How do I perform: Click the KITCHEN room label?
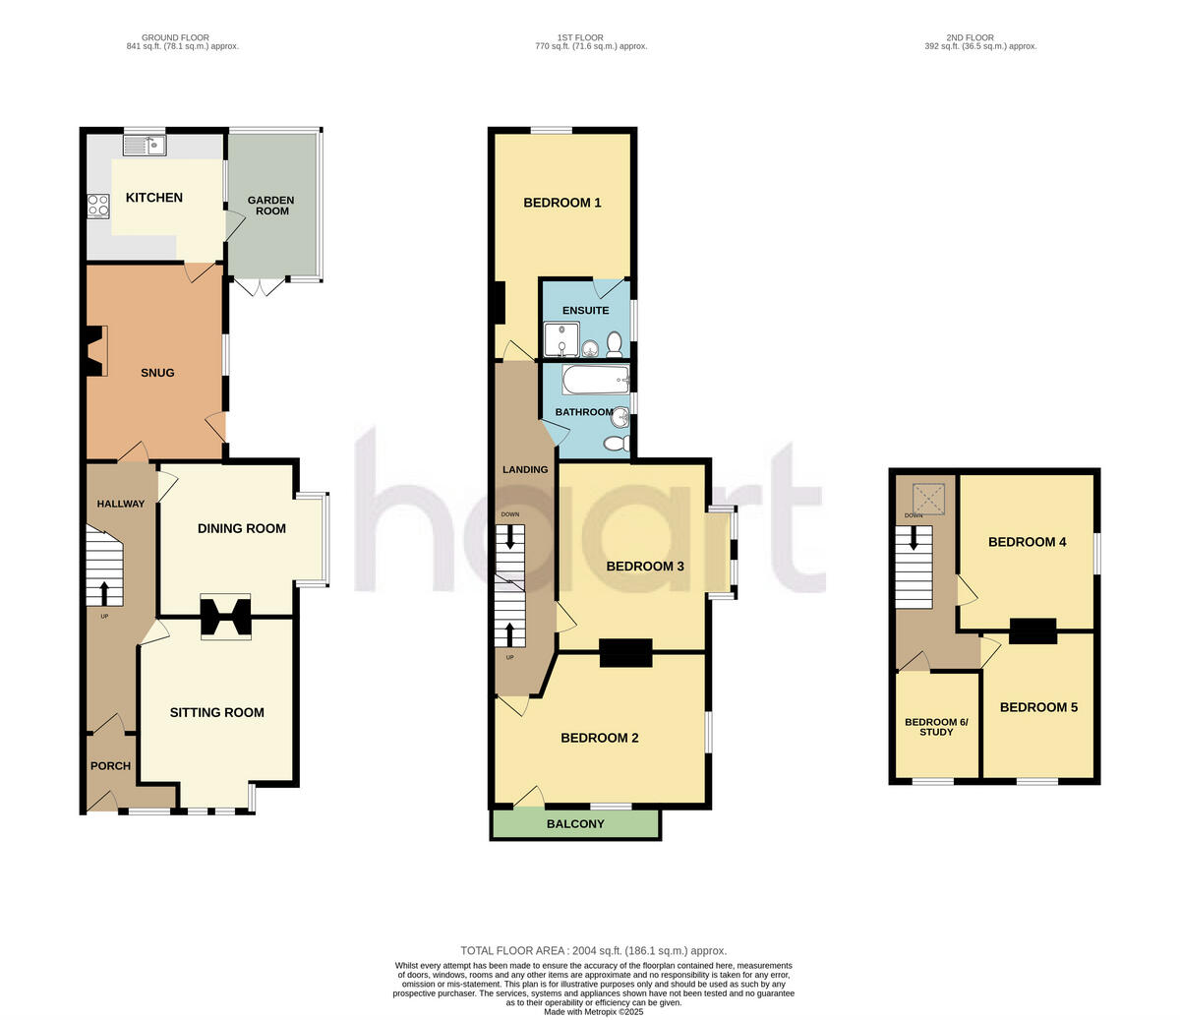tap(154, 198)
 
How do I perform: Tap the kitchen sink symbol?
tap(145, 146)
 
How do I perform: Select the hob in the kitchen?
tap(98, 205)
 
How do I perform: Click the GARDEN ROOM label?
tap(272, 206)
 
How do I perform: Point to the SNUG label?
tap(157, 373)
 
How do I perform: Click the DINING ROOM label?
tap(242, 528)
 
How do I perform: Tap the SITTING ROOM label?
tap(217, 712)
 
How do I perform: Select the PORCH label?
tap(110, 766)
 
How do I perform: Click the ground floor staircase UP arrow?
tap(104, 592)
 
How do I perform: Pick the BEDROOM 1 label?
tap(562, 203)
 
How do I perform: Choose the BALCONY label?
tap(575, 824)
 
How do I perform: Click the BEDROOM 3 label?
tap(645, 566)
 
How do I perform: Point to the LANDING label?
tap(525, 469)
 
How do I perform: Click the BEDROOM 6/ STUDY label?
tap(936, 727)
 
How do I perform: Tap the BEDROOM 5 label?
tap(1039, 707)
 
